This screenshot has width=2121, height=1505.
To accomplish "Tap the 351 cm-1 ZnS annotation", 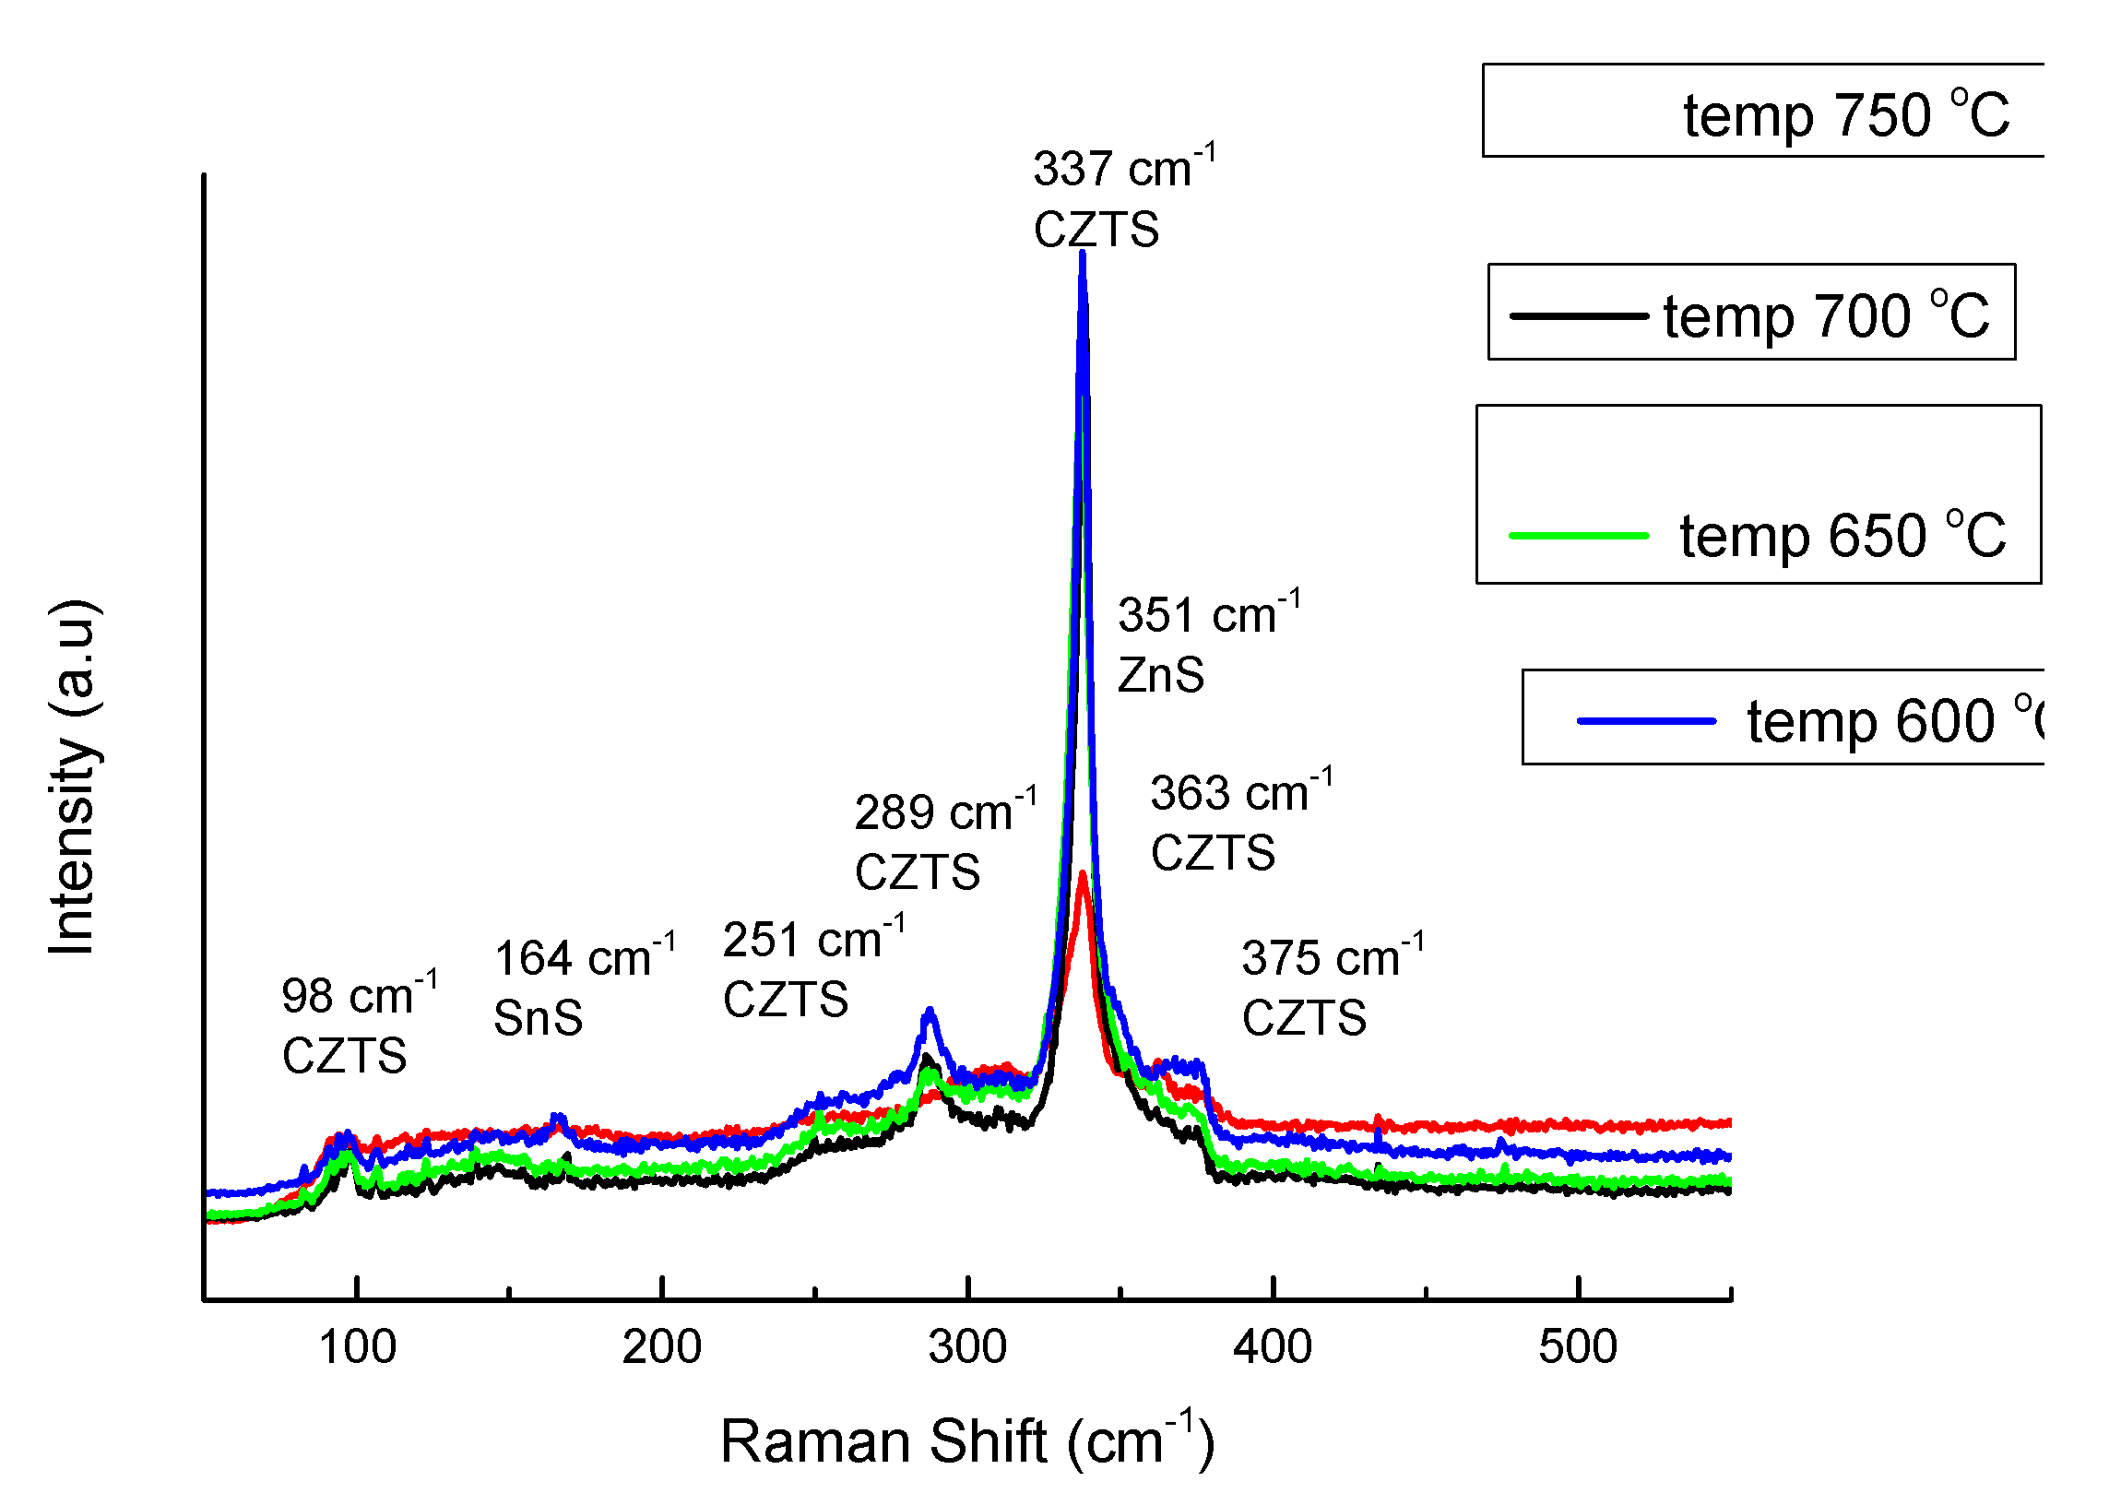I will [1206, 643].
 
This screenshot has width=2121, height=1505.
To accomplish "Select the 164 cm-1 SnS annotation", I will [583, 988].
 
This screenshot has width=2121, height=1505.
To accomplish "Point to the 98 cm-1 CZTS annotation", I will [358, 1025].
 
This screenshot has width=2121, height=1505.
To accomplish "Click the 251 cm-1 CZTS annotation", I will [812, 969].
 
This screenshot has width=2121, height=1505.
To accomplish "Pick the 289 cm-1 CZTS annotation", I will [943, 841].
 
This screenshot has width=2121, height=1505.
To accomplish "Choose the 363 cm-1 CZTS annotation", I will [1239, 822].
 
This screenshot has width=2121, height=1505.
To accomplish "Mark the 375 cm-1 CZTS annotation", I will [1331, 988].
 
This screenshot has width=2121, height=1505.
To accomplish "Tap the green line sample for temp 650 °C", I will [1577, 536].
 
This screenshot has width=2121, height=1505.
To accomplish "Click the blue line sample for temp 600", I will [1645, 721].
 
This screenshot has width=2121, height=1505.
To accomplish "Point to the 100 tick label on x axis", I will [357, 1346].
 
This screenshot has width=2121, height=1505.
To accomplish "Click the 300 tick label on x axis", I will [966, 1346].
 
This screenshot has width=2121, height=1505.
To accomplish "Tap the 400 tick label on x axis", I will [1272, 1346].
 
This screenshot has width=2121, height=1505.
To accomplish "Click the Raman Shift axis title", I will [966, 1442].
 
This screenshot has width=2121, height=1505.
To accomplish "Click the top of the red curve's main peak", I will [1083, 873].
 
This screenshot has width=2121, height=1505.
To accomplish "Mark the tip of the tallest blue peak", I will [1082, 253].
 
